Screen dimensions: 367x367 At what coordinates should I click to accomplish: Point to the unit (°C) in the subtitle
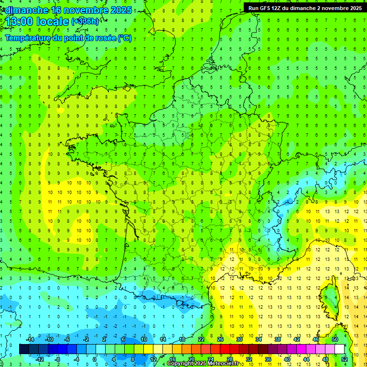(124, 38)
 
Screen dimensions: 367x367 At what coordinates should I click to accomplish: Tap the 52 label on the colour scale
(345, 359)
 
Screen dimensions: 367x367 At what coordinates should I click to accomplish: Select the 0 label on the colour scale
(95, 359)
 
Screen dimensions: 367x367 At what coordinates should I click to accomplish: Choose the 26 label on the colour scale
(220, 339)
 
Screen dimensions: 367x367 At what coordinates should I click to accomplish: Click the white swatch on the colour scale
(340, 349)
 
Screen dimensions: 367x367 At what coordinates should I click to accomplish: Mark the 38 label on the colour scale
(278, 339)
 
